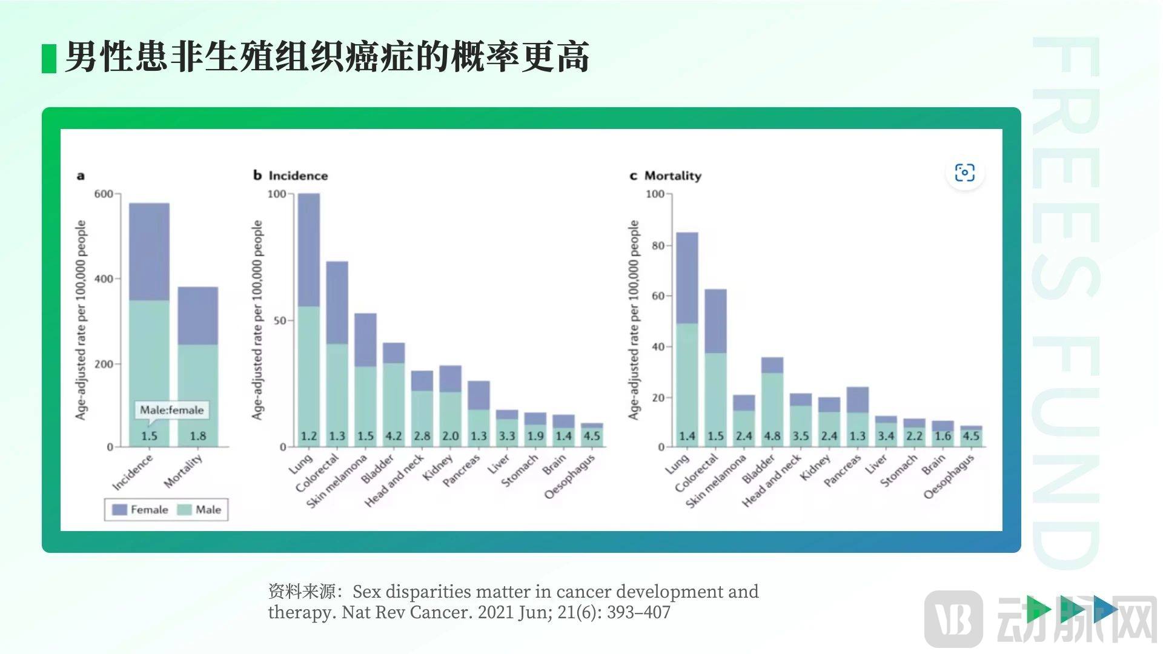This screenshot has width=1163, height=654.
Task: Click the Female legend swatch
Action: [119, 510]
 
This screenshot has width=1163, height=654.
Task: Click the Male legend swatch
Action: [184, 510]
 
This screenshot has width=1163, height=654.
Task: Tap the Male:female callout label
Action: [172, 410]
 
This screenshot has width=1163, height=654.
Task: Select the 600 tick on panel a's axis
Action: [104, 194]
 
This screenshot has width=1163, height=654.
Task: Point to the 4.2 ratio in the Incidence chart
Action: [394, 436]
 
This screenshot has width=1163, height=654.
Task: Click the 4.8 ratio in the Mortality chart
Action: [772, 436]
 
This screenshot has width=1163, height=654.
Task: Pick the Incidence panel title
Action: [298, 176]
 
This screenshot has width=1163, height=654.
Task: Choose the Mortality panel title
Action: [672, 176]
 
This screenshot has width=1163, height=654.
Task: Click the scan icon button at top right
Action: [964, 173]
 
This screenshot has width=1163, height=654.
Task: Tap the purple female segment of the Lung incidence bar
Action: [309, 249]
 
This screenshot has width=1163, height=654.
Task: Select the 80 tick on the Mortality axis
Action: [658, 245]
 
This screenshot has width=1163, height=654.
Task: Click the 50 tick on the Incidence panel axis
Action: [279, 320]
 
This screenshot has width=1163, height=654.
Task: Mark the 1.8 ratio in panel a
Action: [197, 436]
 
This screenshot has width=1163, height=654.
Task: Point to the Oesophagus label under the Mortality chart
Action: [949, 477]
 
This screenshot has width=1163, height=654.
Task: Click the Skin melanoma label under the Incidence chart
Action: [337, 481]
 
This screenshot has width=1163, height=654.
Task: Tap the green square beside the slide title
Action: [49, 59]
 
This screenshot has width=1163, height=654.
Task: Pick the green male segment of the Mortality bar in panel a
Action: [197, 388]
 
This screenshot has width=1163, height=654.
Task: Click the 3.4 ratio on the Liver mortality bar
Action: [886, 436]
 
